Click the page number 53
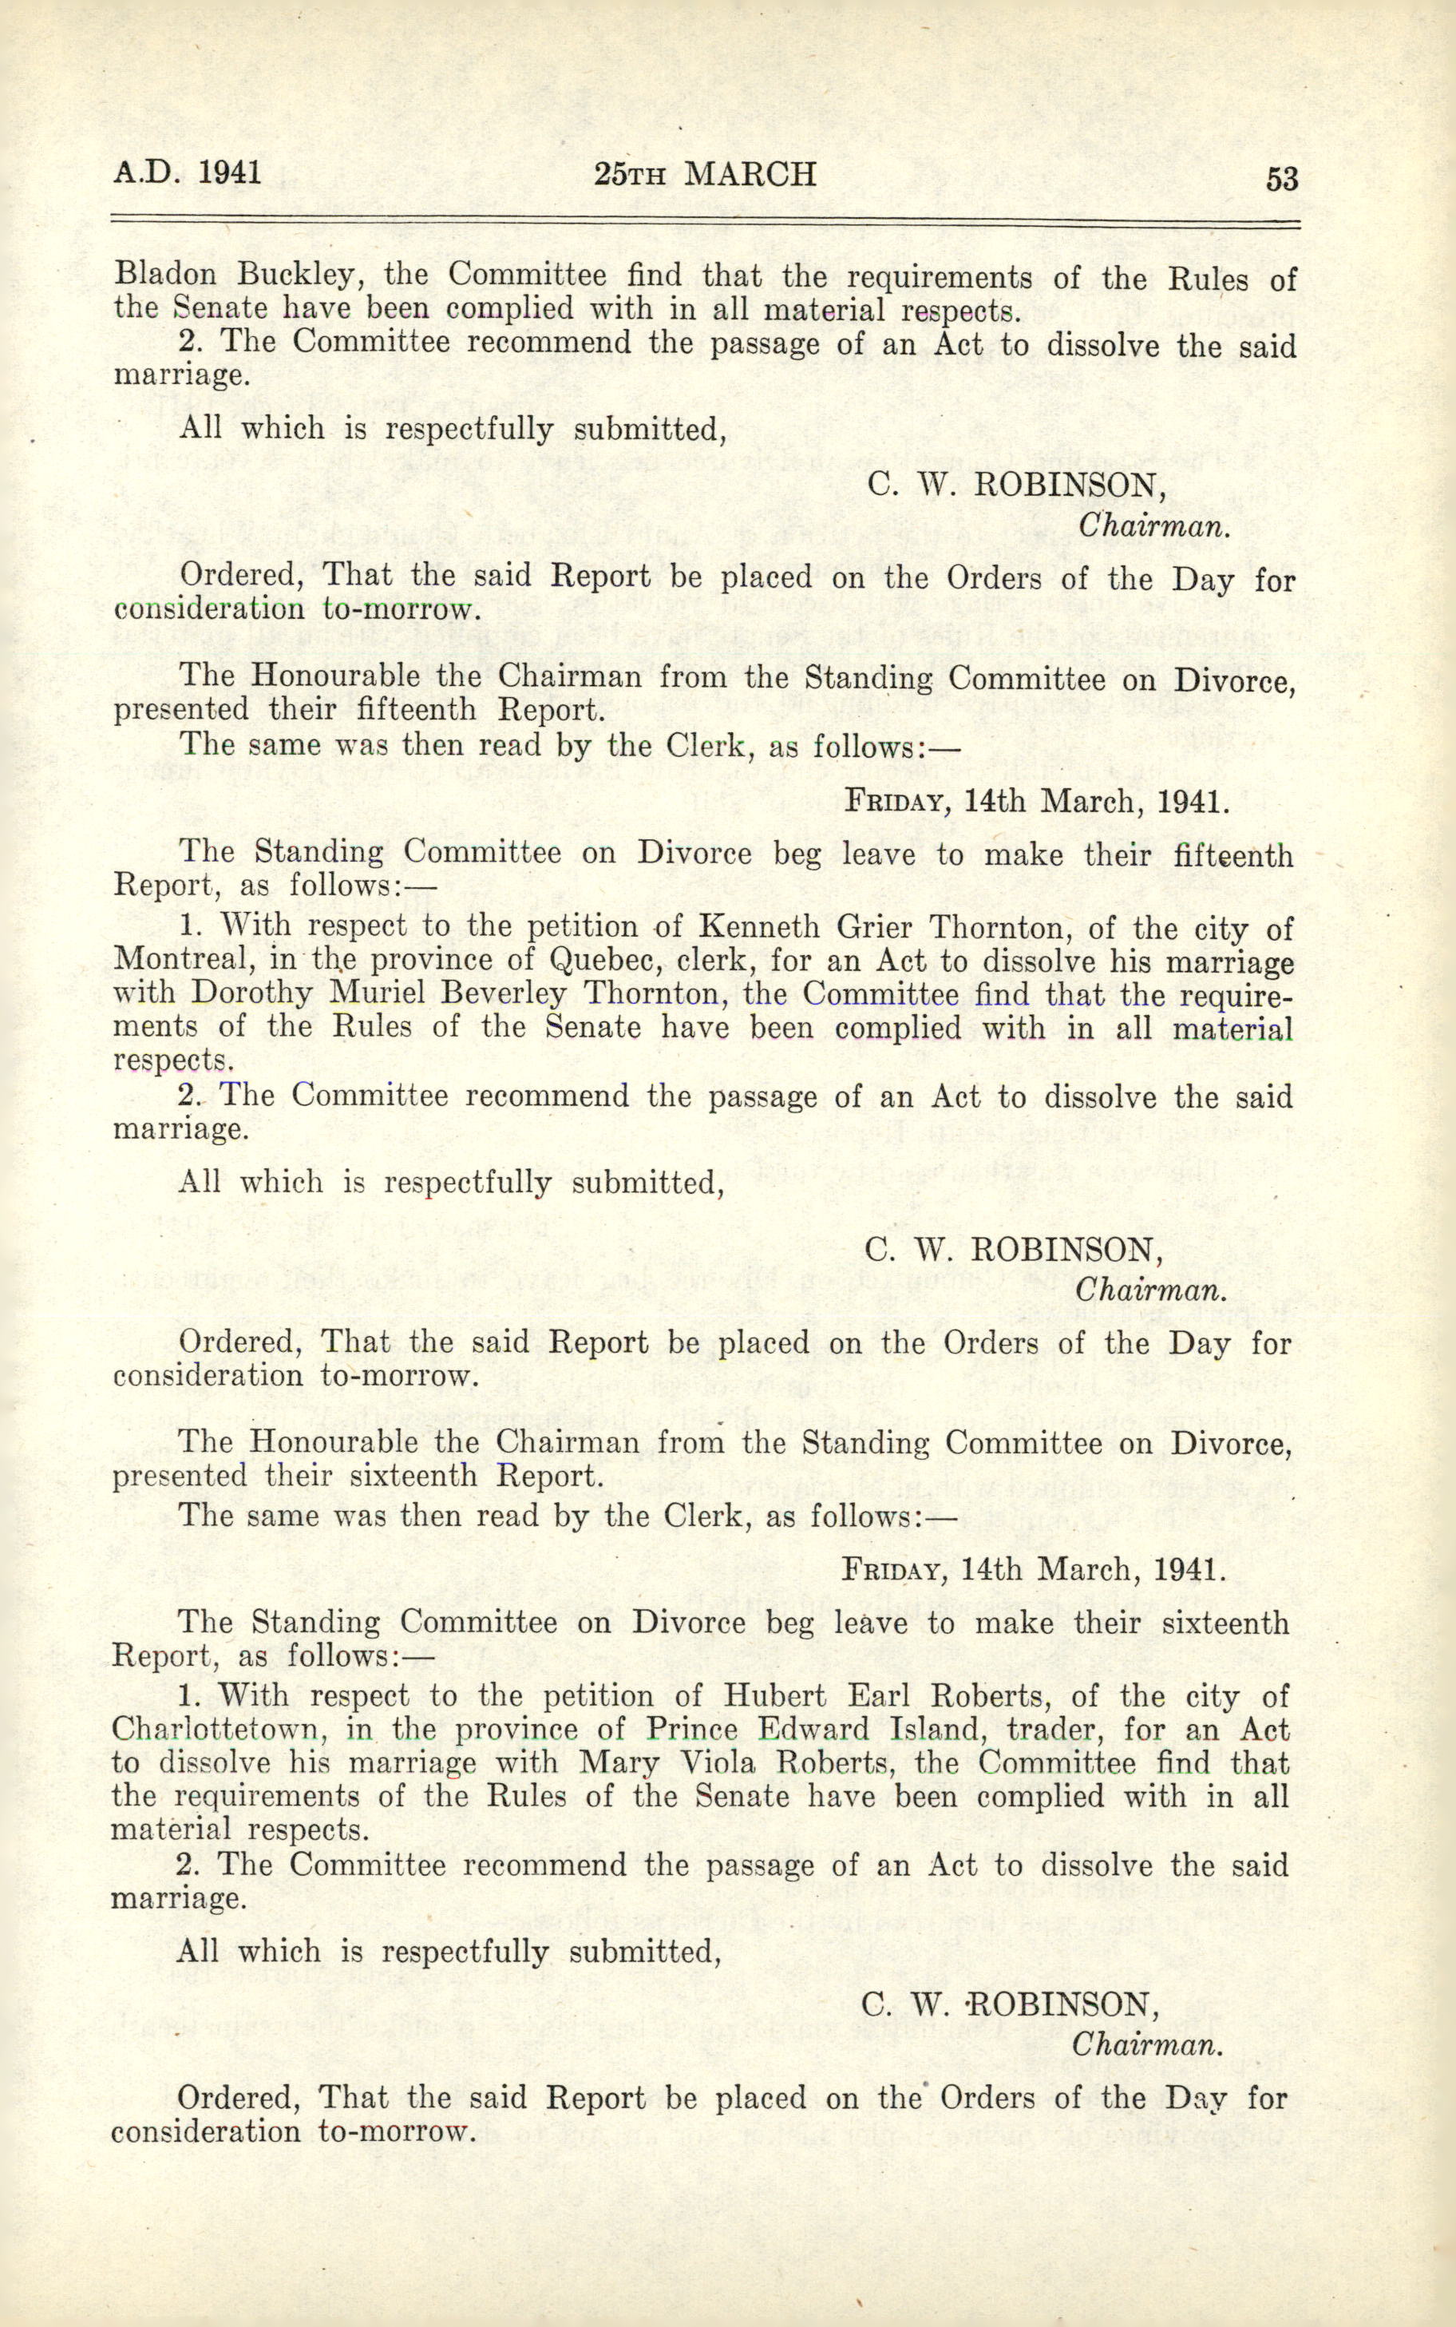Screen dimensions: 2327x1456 (x=1282, y=179)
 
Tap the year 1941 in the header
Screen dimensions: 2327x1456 (x=230, y=172)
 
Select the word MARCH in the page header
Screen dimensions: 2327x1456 (x=750, y=173)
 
